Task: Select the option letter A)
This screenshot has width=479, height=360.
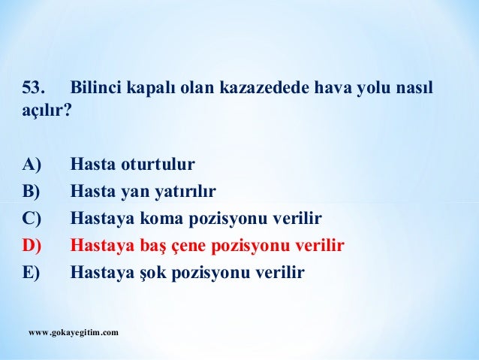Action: pyautogui.click(x=35, y=164)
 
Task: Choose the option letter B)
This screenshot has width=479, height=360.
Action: pyautogui.click(x=34, y=191)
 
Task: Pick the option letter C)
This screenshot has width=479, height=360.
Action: pyautogui.click(x=34, y=219)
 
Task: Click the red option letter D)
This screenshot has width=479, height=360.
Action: pyautogui.click(x=35, y=246)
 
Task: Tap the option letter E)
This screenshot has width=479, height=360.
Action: pyautogui.click(x=34, y=273)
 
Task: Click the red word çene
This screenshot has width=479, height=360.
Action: pyautogui.click(x=188, y=247)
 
